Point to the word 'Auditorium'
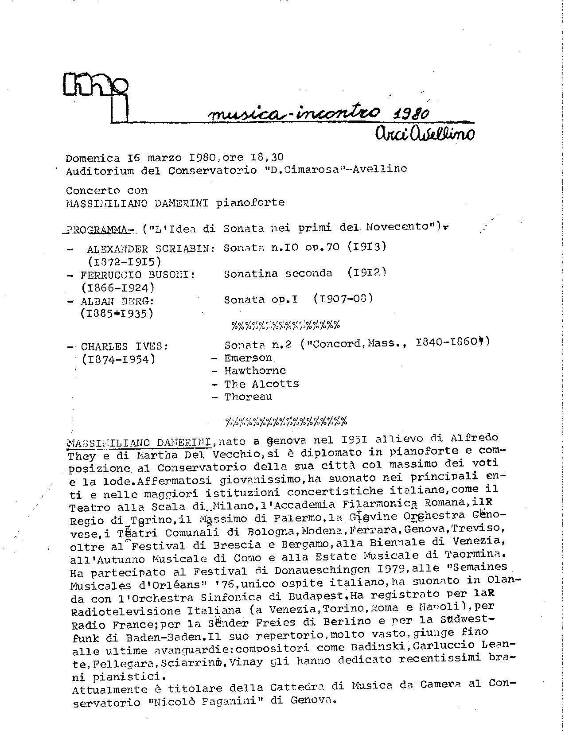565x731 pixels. pyautogui.click(x=94, y=170)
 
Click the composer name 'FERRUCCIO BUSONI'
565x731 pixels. pyautogui.click(x=137, y=275)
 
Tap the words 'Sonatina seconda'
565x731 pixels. pyautogui.click(x=278, y=273)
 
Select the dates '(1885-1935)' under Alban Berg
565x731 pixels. pyautogui.click(x=117, y=314)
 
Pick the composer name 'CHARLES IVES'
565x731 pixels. pyautogui.click(x=124, y=346)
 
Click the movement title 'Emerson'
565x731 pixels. pyautogui.click(x=248, y=358)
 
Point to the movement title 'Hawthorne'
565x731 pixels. pyautogui.click(x=255, y=371)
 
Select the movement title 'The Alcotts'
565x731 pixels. pyautogui.click(x=261, y=384)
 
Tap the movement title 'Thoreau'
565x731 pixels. pyautogui.click(x=248, y=397)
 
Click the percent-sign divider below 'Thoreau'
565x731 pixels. pyautogui.click(x=286, y=420)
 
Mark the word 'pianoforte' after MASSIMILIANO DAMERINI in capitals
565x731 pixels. pyautogui.click(x=250, y=202)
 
